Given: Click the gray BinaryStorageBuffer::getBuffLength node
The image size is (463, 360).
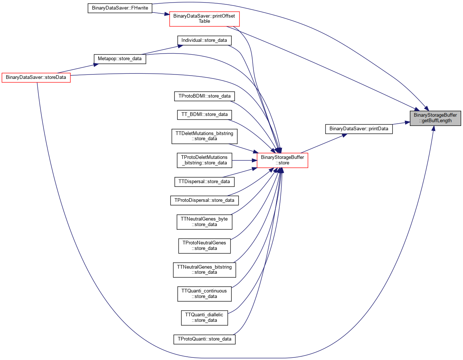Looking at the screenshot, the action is tap(435, 118).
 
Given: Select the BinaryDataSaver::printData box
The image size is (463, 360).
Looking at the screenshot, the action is tap(359, 129).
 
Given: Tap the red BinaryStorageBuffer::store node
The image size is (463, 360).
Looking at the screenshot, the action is tap(282, 160).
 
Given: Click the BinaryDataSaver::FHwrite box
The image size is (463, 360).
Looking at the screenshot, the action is tap(120, 8).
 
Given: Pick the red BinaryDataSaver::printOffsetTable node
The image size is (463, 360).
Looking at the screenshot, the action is tap(204, 19).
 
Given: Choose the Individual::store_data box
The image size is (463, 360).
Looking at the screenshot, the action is tap(204, 40).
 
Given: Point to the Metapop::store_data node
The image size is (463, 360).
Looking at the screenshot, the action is tap(120, 59).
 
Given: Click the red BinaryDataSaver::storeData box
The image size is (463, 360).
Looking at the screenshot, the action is tap(36, 77).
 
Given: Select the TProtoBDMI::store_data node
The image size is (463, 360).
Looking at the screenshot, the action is tap(204, 96).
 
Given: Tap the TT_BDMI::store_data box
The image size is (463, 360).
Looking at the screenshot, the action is tap(204, 115).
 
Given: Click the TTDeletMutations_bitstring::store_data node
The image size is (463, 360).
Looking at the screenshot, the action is tap(204, 136).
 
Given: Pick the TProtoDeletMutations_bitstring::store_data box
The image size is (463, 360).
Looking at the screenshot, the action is tap(204, 160).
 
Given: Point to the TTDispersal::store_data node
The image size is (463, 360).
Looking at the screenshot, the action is tap(204, 182).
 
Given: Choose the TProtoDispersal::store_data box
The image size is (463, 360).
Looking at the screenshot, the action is tap(204, 200).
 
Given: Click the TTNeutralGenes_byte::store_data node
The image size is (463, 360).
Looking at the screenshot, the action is tap(204, 222).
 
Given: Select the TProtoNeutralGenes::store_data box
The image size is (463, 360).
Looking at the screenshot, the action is tap(204, 246).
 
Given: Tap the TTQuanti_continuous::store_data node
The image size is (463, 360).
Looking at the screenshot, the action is tap(204, 294).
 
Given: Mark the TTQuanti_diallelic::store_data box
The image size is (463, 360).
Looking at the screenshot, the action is tap(204, 317).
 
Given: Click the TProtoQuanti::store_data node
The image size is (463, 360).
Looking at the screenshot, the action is tap(204, 339).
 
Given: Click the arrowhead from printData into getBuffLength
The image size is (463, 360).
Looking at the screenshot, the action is tap(407, 123).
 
